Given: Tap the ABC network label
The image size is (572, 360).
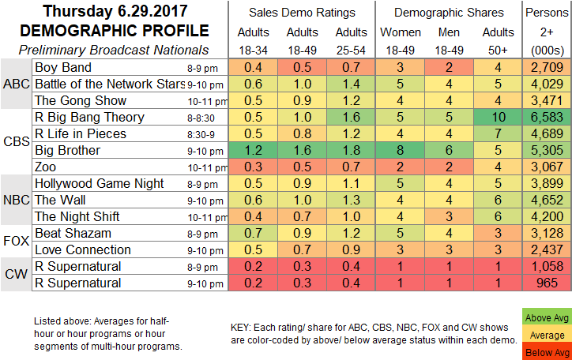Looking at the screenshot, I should tap(17, 84).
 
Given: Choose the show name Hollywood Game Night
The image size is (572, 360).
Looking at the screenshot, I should tap(95, 183).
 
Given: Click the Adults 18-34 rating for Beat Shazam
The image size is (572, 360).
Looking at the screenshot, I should tap(253, 234).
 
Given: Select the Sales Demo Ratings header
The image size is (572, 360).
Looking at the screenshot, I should tap(302, 13).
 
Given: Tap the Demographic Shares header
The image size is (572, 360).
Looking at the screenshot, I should tap(449, 13).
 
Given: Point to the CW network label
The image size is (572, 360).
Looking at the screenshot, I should tap(17, 274).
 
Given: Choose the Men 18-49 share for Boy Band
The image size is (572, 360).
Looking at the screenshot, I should tap(450, 67).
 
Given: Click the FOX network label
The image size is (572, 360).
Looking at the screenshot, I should tap(17, 242).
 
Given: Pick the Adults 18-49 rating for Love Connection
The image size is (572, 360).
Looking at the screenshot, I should tap(302, 249).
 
